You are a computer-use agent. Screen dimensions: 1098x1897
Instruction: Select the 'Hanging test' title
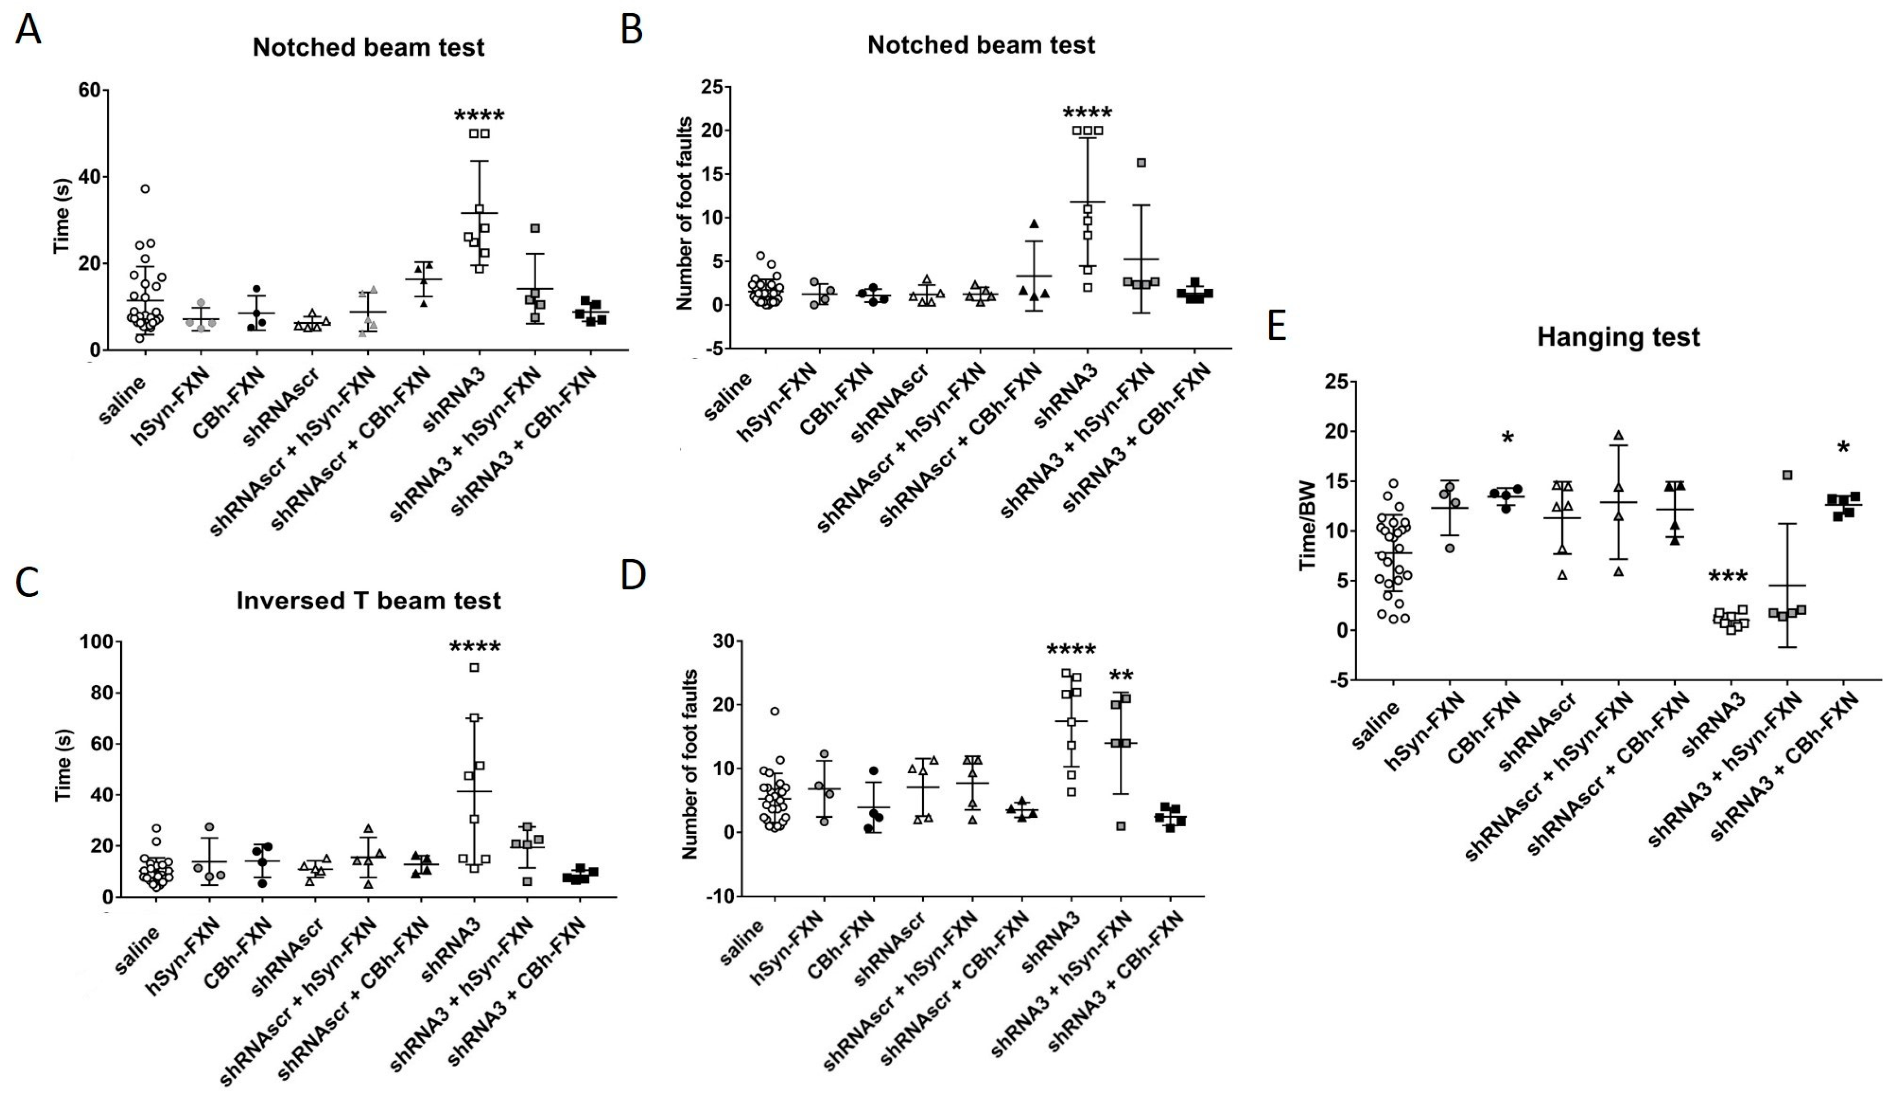tap(1618, 337)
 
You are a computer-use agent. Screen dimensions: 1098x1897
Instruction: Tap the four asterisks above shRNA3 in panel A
tap(479, 115)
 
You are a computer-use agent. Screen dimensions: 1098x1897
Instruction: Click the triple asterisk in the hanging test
tap(1728, 578)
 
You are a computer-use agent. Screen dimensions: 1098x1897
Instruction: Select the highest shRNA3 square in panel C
tap(474, 667)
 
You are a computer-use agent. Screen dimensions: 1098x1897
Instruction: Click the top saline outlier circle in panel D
tap(775, 711)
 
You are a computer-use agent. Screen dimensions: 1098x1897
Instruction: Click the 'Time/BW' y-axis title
tap(1308, 536)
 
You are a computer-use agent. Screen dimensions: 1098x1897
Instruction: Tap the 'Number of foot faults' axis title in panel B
tap(684, 213)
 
